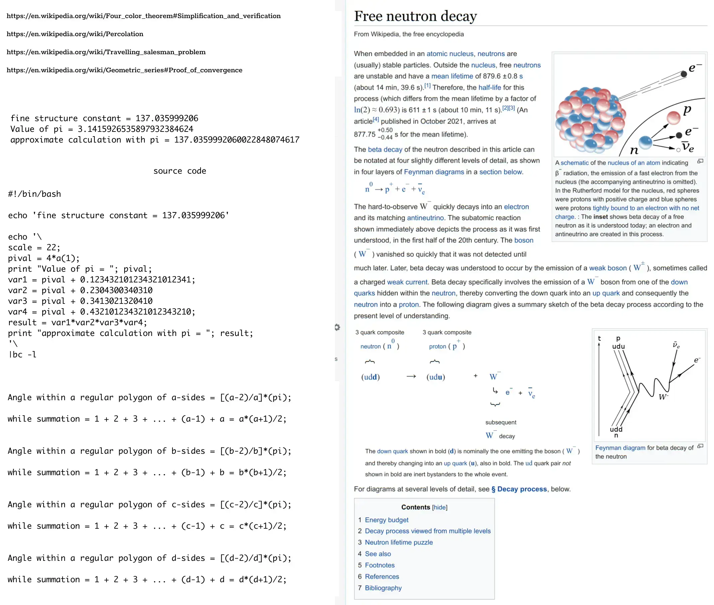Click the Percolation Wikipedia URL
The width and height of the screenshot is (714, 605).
pyautogui.click(x=75, y=34)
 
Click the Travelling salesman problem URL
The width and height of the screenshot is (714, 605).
pyautogui.click(x=106, y=52)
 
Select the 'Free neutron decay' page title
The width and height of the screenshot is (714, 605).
pyautogui.click(x=415, y=16)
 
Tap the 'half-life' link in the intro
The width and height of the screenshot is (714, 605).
pyautogui.click(x=490, y=87)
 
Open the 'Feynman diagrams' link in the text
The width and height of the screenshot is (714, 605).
pyautogui.click(x=434, y=172)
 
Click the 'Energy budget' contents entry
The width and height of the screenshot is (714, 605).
pyautogui.click(x=386, y=520)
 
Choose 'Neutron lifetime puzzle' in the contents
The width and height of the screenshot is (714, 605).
pyautogui.click(x=399, y=542)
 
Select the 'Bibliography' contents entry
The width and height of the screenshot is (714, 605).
pyautogui.click(x=383, y=588)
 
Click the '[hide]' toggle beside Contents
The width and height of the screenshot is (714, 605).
pyautogui.click(x=439, y=507)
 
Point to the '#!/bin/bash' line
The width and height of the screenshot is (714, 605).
pyautogui.click(x=34, y=194)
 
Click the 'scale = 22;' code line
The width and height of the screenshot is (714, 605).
pyautogui.click(x=34, y=248)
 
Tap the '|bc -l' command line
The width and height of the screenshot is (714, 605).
pyautogui.click(x=22, y=355)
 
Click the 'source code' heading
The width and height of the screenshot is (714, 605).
pyautogui.click(x=180, y=171)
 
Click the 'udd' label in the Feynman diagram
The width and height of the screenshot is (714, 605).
pyautogui.click(x=616, y=429)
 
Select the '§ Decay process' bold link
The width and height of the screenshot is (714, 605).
pyautogui.click(x=519, y=489)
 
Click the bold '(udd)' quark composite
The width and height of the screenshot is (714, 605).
pyautogui.click(x=370, y=377)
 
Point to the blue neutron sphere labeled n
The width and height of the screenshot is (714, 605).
pyautogui.click(x=645, y=142)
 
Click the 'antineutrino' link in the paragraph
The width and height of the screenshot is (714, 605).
pyautogui.click(x=425, y=218)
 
